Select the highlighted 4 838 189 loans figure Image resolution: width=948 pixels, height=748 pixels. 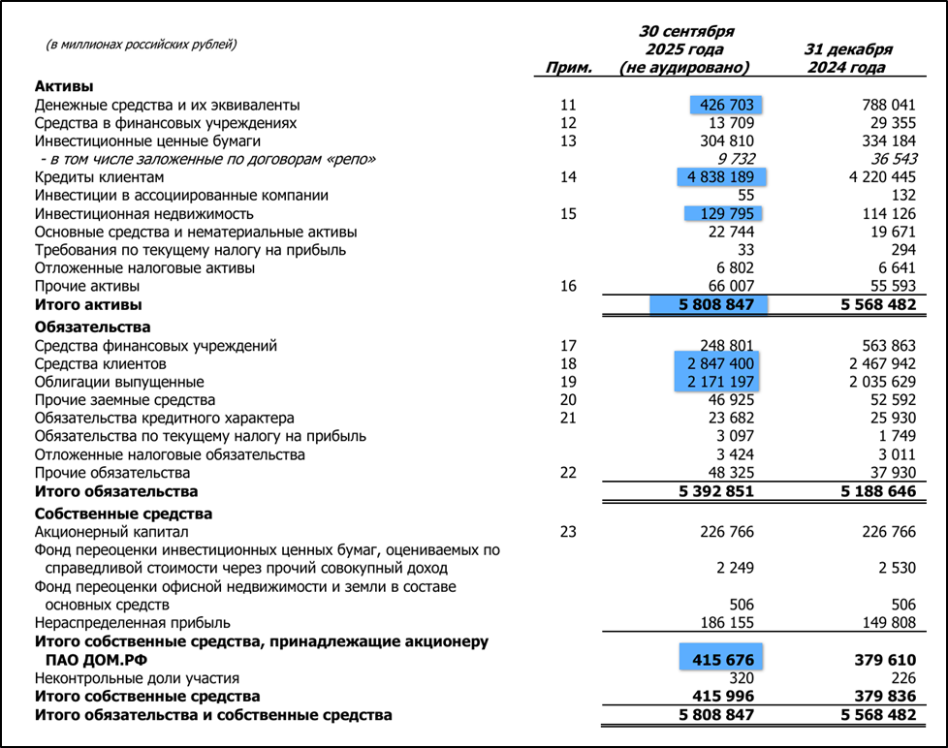[720, 177]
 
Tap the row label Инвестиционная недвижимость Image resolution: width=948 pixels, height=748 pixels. [144, 214]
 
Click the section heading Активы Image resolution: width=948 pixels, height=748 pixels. [64, 86]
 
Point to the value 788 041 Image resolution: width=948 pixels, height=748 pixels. [888, 105]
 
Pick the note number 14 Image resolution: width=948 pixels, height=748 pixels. [568, 177]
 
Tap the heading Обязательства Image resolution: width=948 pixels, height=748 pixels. [93, 327]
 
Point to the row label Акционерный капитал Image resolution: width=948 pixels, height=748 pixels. [111, 532]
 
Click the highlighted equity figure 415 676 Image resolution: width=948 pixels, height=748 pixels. [722, 660]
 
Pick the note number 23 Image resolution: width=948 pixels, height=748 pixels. [568, 532]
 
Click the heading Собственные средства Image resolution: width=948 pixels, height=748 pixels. [123, 514]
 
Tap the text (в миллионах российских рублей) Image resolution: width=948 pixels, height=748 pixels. [142, 45]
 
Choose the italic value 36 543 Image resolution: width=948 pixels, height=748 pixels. [889, 159]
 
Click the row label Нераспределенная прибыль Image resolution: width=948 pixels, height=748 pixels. [133, 624]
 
